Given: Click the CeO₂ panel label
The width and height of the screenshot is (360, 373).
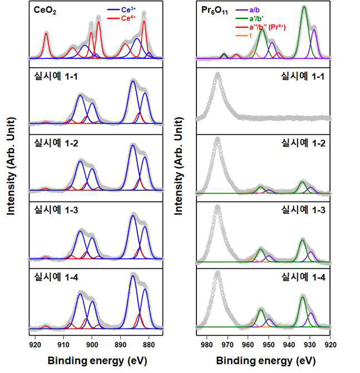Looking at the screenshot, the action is tap(45, 10).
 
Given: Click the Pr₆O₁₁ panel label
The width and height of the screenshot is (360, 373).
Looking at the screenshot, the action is tap(214, 11).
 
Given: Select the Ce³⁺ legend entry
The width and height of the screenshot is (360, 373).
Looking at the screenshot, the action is tap(121, 10).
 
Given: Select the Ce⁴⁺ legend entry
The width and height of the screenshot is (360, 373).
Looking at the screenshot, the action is tap(121, 18).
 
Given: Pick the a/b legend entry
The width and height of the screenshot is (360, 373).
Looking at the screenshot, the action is tap(248, 10).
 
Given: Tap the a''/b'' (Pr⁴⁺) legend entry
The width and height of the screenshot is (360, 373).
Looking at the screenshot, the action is tap(260, 27).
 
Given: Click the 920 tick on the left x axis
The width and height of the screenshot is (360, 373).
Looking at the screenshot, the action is tap(35, 345).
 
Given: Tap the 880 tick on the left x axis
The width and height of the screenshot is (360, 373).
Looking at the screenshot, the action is tap(149, 345).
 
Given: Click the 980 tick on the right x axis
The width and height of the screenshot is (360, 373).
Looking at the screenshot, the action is tap(206, 345).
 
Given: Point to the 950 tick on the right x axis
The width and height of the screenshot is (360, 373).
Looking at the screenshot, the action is tap(269, 345).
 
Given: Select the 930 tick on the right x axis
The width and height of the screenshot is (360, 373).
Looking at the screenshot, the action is tap(310, 345).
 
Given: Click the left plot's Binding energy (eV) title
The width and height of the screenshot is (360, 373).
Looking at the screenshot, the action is tap(97, 361).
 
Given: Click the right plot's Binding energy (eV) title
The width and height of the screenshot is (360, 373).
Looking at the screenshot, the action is tap(265, 361).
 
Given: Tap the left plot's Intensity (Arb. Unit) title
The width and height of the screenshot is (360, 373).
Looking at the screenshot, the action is tap(11, 166).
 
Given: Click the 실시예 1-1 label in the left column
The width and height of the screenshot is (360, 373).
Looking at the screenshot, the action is tap(56, 76).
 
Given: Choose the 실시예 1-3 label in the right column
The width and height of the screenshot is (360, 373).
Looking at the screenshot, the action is tap(303, 210).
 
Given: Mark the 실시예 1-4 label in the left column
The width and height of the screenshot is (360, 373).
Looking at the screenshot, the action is tap(56, 277).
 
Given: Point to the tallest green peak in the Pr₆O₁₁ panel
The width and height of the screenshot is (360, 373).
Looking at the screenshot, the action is tap(304, 31).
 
